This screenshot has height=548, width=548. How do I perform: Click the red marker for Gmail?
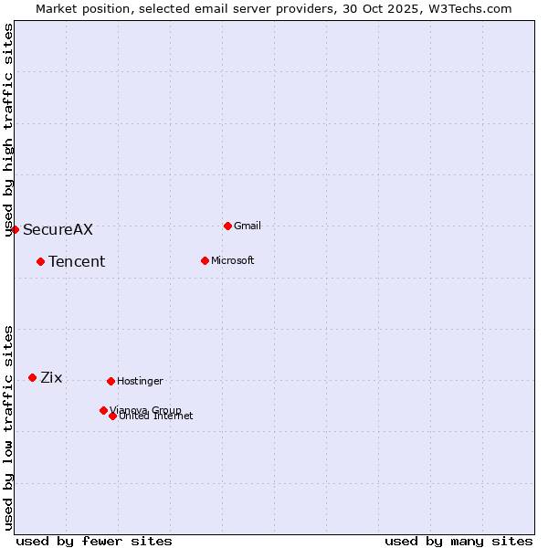pyautogui.click(x=227, y=226)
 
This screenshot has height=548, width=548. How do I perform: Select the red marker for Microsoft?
pyautogui.click(x=205, y=260)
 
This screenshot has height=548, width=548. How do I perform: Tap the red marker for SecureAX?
pyautogui.click(x=15, y=229)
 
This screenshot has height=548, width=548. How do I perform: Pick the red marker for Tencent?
pyautogui.click(x=40, y=261)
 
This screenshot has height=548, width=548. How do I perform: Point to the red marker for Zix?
pyautogui.click(x=32, y=377)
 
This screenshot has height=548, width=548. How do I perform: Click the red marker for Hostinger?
pyautogui.click(x=111, y=381)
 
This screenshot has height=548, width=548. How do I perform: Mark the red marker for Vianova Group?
pyautogui.click(x=103, y=410)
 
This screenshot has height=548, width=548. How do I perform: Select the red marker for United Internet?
pyautogui.click(x=112, y=416)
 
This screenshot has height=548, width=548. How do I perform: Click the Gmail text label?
pyautogui.click(x=248, y=226)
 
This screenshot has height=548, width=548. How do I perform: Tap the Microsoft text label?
pyautogui.click(x=232, y=260)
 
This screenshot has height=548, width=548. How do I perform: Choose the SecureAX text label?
pyautogui.click(x=58, y=229)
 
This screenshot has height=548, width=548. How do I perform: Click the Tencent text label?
pyautogui.click(x=77, y=261)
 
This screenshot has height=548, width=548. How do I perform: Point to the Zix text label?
pyautogui.click(x=51, y=377)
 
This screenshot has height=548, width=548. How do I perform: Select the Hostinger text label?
pyautogui.click(x=140, y=381)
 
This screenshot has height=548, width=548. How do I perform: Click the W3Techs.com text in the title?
pyautogui.click(x=469, y=8)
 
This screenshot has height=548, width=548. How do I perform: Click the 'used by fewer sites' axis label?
pyautogui.click(x=94, y=541)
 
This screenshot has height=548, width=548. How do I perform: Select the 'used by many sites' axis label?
pyautogui.click(x=458, y=541)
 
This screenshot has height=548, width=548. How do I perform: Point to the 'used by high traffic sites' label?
pyautogui.click(x=8, y=130)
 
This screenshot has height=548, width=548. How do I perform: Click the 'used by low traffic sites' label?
pyautogui.click(x=8, y=427)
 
